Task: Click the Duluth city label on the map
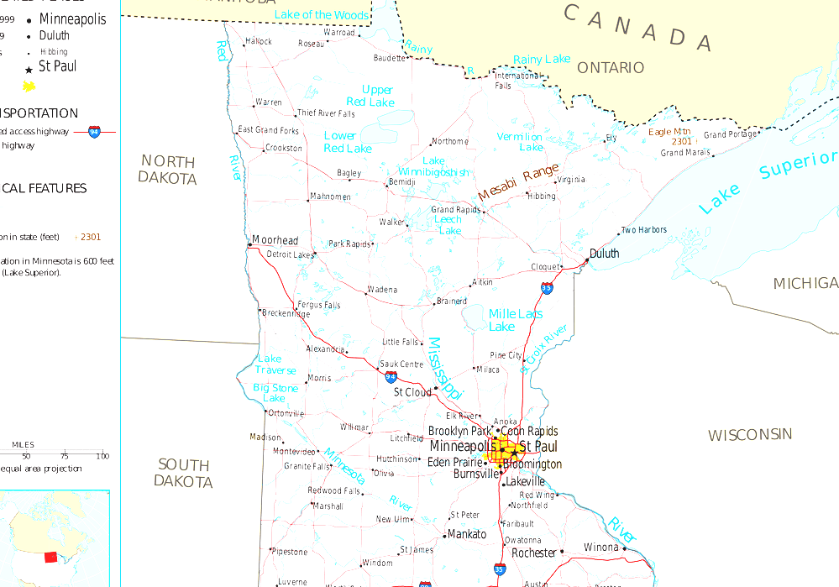click(x=604, y=253)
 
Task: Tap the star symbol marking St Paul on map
click(x=513, y=453)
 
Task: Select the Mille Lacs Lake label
click(x=515, y=319)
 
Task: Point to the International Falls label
click(x=517, y=81)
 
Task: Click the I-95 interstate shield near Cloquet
click(x=547, y=288)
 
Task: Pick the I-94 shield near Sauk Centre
click(x=391, y=377)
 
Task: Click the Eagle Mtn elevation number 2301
click(x=681, y=141)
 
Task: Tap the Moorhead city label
click(x=275, y=240)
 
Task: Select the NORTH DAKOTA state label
click(x=167, y=169)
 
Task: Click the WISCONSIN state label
click(x=749, y=434)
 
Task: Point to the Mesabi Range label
click(x=518, y=181)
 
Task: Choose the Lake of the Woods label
click(x=322, y=14)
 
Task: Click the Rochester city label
click(x=534, y=553)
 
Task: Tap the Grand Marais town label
click(x=685, y=153)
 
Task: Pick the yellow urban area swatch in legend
click(x=29, y=86)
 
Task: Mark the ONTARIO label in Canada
click(x=611, y=67)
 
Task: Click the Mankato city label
click(x=467, y=534)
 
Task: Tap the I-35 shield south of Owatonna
click(x=500, y=569)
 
